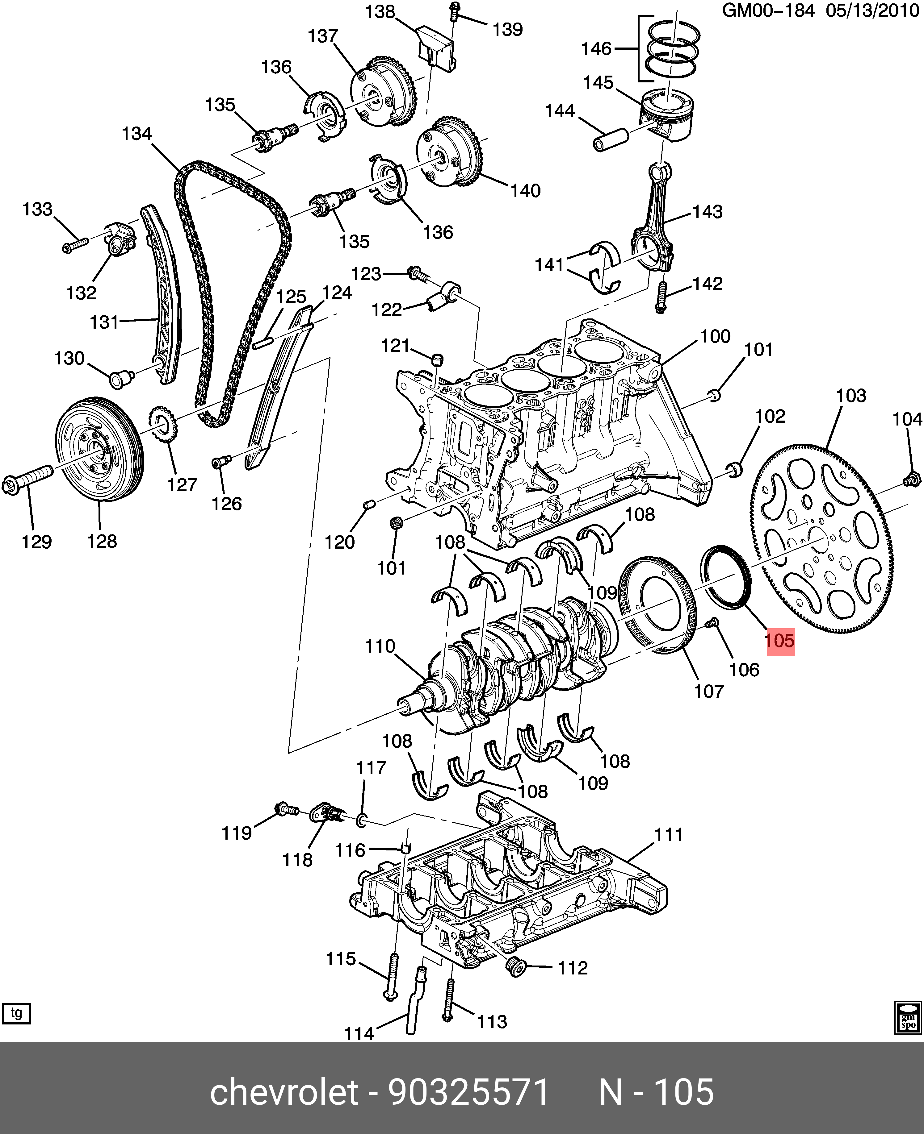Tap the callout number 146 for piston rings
pos(596,49)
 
